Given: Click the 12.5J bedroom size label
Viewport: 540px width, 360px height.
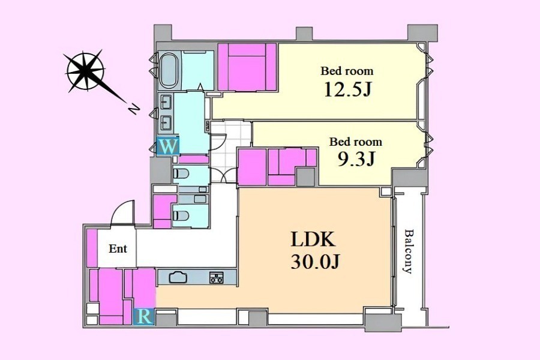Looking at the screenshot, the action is pos(347,89).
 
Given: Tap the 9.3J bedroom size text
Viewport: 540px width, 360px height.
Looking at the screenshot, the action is pos(356,159).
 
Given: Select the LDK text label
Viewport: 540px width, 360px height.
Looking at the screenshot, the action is pos(313,239).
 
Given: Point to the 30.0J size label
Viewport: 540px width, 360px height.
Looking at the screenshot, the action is pos(316,262).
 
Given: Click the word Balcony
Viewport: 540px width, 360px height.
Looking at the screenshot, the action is pos(409,251).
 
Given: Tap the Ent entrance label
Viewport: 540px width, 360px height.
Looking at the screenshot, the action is pos(118,248).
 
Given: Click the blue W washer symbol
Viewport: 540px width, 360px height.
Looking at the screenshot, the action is pos(168,146).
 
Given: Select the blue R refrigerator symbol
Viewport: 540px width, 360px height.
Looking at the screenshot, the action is pos(144,317).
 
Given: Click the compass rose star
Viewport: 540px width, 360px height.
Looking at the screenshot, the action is pos(86,71).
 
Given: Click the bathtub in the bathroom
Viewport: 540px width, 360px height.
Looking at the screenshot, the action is pos(169,70).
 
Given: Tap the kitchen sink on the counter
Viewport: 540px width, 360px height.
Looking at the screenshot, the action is pos(178,277).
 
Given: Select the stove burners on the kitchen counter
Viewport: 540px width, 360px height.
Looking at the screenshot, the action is pos(216,278).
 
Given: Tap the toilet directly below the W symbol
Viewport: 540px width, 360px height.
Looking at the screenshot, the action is pos(181,173).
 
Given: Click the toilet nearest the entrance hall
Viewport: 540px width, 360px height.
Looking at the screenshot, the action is pos(181,216).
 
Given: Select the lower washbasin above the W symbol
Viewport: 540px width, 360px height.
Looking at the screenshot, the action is pos(166,122).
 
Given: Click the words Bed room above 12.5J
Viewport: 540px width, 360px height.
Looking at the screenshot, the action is pos(347,71).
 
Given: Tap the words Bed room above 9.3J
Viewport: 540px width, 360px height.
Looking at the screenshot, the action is pos(355,142).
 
